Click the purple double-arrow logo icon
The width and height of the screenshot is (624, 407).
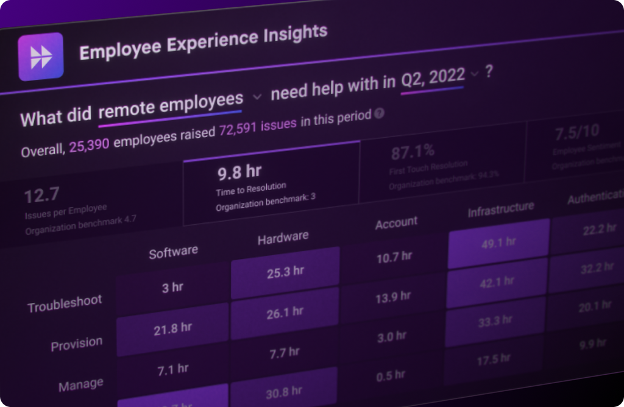[x=41, y=57]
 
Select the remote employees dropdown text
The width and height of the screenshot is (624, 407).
[x=171, y=104]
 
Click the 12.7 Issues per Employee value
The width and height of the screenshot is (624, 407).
[x=42, y=195]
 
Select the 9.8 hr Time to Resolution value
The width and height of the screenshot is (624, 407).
[x=239, y=172]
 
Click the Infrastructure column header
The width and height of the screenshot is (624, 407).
[x=501, y=210]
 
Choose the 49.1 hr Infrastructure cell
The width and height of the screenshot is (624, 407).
[x=498, y=242]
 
